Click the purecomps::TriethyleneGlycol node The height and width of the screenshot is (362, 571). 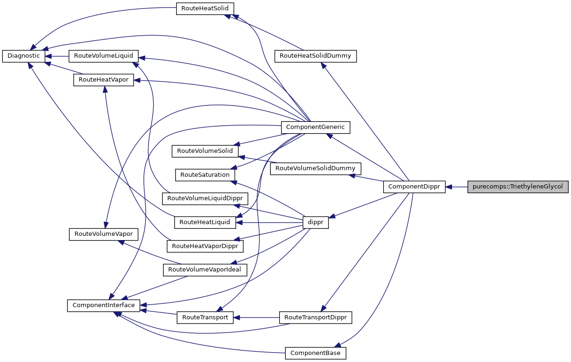click(518, 187)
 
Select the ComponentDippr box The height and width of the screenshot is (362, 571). click(414, 187)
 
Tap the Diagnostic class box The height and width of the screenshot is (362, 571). click(24, 56)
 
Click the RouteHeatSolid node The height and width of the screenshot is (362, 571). click(205, 9)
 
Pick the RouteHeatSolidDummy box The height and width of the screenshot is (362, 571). click(315, 56)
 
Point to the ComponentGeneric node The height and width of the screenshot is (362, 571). click(315, 127)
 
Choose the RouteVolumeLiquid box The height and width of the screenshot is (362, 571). click(103, 56)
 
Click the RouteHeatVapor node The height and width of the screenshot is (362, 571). click(104, 80)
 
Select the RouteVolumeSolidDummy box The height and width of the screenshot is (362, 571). click(315, 168)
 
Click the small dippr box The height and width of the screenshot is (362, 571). click(316, 223)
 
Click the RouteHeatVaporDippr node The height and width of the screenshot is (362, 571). click(205, 246)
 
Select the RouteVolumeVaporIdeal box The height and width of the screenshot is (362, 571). click(204, 270)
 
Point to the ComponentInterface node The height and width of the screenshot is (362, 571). click(104, 305)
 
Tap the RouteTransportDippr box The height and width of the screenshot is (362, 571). click(315, 317)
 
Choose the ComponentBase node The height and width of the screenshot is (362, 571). click(315, 353)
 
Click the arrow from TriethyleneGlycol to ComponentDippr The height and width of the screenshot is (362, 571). click(457, 187)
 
